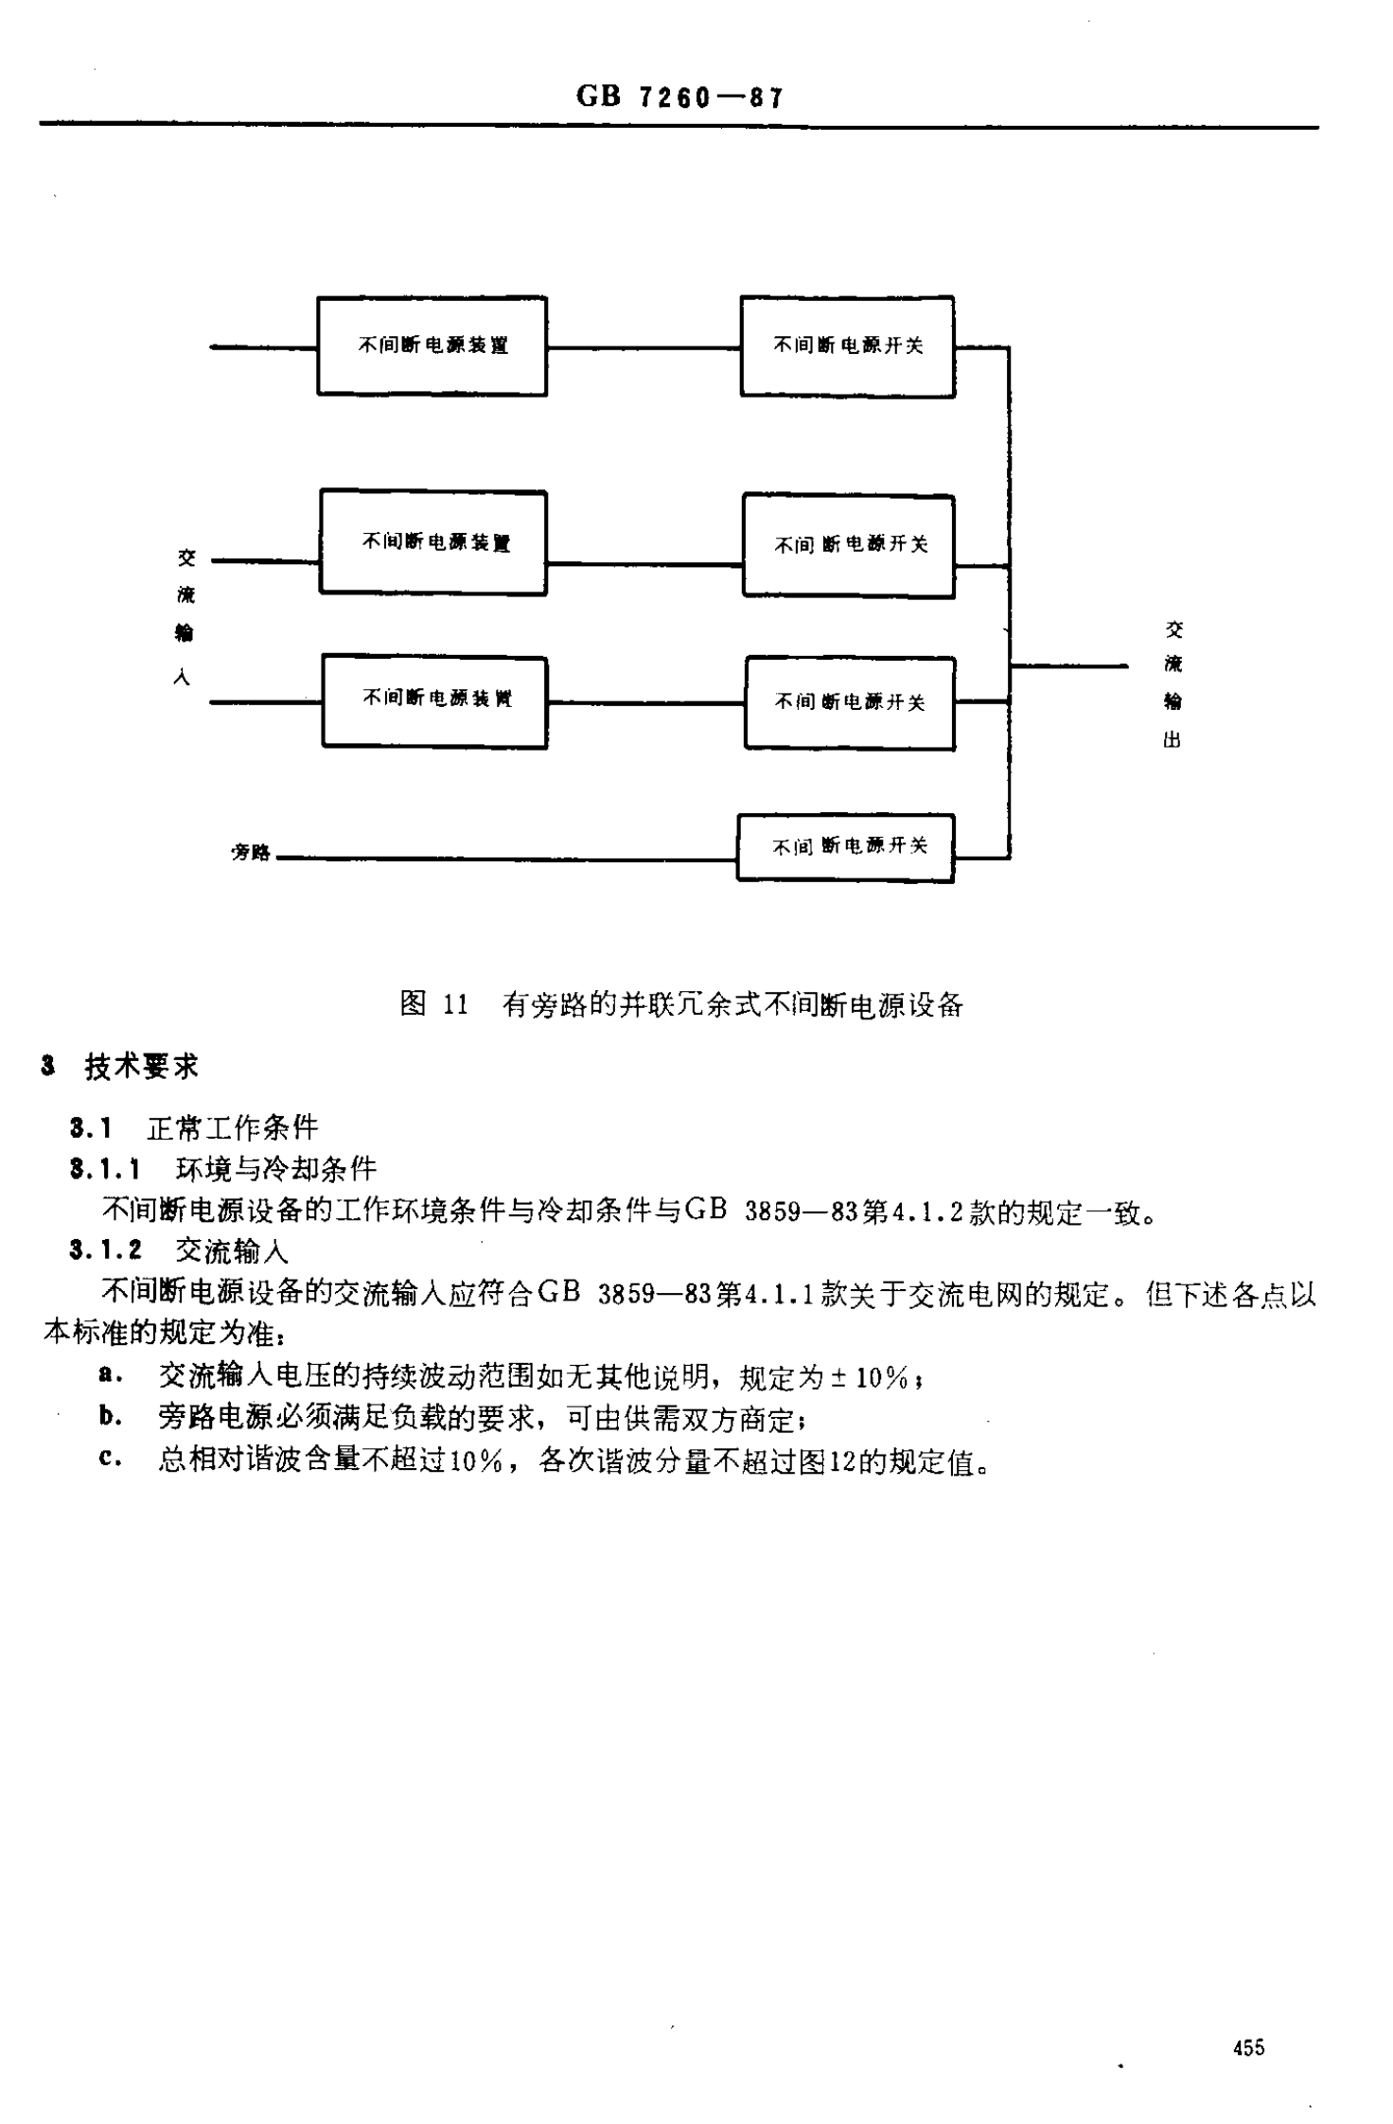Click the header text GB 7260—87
pos(679,97)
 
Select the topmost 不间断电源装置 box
pos(432,346)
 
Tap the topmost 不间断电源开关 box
pos(847,346)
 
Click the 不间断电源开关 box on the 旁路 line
pos(845,848)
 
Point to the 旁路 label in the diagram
pos(251,853)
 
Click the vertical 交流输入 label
pos(185,616)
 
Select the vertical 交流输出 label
pos(1173,683)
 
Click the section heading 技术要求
pos(141,1067)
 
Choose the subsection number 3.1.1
pos(105,1170)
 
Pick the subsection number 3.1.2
pos(105,1250)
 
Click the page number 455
pos(1248,2047)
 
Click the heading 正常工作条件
pos(233,1127)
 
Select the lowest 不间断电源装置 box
pos(434,701)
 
